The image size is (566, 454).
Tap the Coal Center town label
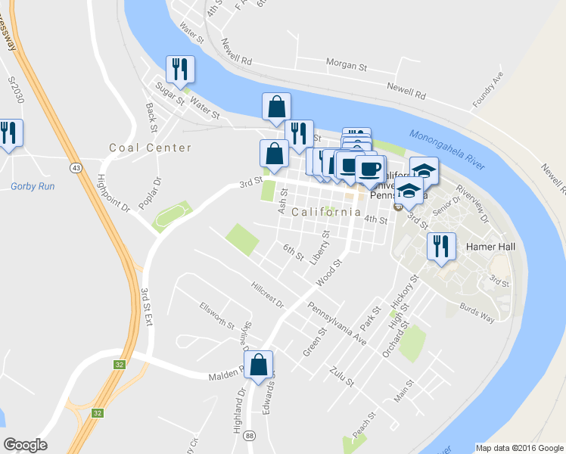point(150,148)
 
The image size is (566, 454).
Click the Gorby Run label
point(29,186)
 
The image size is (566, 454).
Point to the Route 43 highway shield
point(77,166)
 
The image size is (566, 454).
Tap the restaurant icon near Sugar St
point(180,70)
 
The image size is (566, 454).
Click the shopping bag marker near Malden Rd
point(259,364)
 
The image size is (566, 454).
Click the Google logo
point(25,445)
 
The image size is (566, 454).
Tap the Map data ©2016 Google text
point(520,448)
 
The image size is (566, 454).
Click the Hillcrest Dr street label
point(268,296)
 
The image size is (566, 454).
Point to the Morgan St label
point(346,66)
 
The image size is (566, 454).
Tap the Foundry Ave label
point(487,89)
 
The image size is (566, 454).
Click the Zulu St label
point(341,376)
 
